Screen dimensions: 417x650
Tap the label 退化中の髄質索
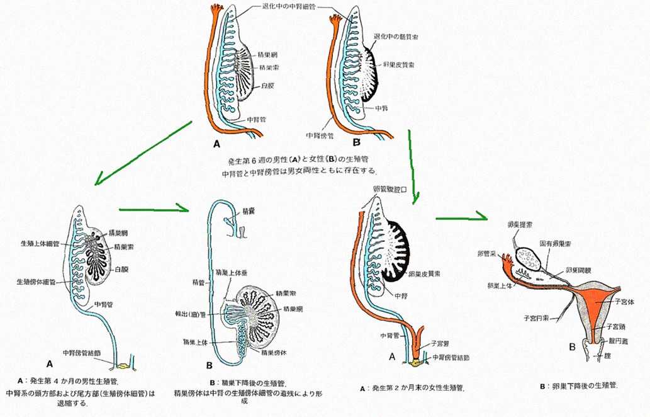396,37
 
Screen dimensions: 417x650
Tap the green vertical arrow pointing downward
412,166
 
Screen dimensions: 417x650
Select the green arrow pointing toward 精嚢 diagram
155,209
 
